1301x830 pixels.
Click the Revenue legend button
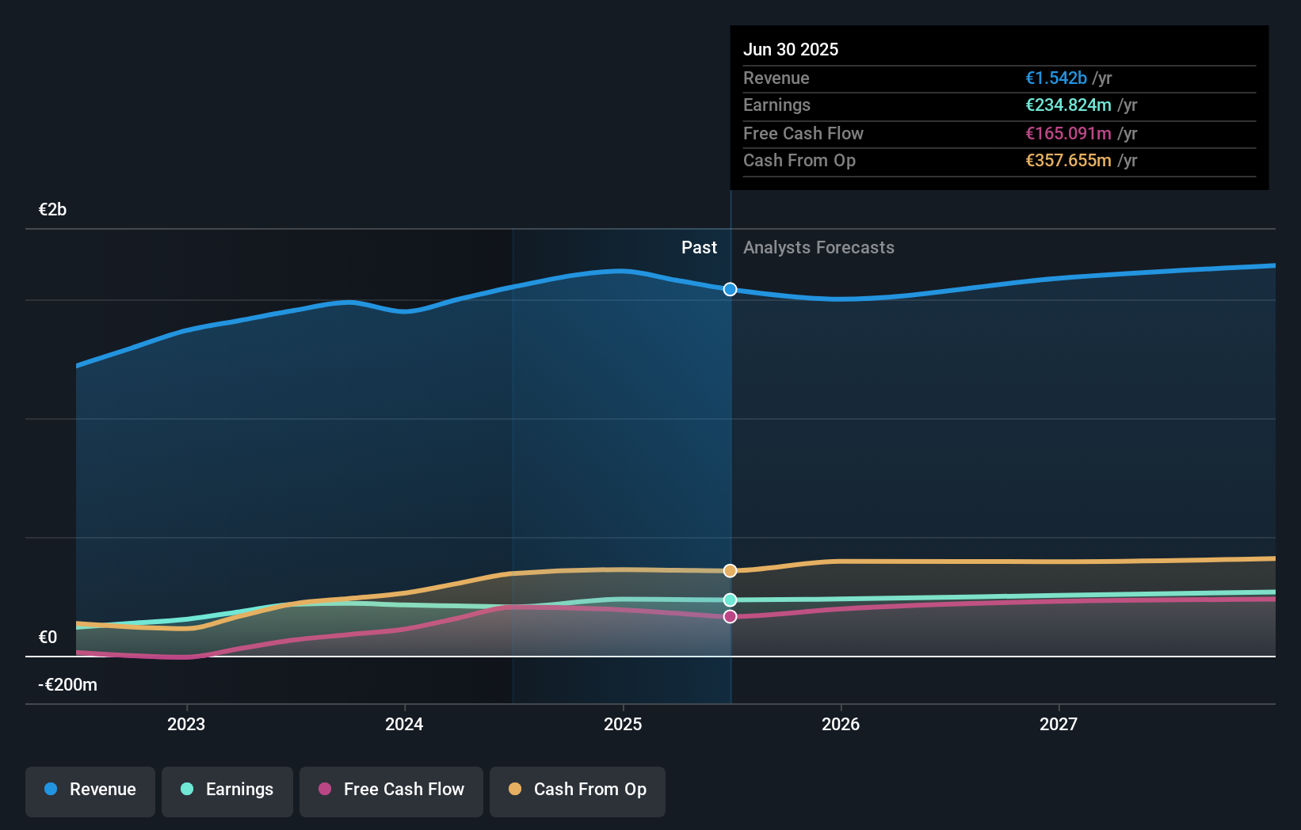90,790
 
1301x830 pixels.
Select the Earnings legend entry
227,790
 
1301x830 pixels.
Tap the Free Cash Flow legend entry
391,790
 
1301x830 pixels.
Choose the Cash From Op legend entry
578,790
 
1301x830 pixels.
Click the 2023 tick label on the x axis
186,725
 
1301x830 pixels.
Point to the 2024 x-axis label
404,725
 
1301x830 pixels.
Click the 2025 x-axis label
623,725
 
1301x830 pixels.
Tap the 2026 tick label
841,725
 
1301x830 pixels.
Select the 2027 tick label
1059,725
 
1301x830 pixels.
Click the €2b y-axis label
52,210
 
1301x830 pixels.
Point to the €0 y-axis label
48,638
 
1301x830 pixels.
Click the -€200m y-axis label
67,685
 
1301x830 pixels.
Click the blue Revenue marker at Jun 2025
730,290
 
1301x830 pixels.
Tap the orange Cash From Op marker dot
730,571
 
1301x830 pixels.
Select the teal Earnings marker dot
730,600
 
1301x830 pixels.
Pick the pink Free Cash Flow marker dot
730,617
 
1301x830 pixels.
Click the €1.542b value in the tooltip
1056,78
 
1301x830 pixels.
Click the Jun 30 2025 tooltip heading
790,50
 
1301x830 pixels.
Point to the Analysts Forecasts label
818,248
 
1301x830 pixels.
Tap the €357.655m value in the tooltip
1068,161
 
